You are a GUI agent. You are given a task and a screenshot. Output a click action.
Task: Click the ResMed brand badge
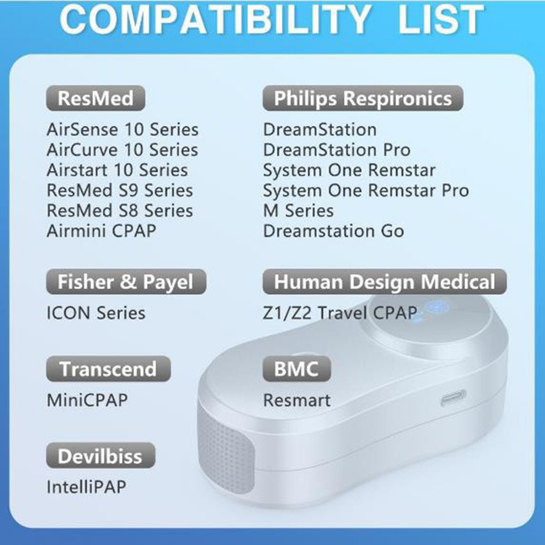pos(96,98)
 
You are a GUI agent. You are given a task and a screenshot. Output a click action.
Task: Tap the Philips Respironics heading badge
pos(363,98)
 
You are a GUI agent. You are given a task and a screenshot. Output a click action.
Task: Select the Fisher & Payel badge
pos(126,282)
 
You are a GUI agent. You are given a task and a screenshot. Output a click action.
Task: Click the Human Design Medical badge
pos(385,282)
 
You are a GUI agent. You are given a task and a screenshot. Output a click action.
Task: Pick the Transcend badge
pos(108,369)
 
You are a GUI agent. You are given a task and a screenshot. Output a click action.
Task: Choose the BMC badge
pos(296,369)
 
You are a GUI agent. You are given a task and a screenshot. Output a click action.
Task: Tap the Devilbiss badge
pos(101,455)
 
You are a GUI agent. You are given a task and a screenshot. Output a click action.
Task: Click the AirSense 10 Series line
pos(123,129)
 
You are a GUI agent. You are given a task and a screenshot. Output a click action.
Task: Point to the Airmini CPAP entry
pos(102,231)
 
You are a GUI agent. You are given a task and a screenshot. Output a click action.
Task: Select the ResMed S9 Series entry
pos(120,190)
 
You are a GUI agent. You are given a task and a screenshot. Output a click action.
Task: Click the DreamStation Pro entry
pos(337,150)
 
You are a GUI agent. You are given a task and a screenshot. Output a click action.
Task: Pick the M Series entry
pos(299,210)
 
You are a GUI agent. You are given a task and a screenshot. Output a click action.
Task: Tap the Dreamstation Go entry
pos(333,231)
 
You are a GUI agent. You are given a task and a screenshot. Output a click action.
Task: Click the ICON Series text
pos(96,313)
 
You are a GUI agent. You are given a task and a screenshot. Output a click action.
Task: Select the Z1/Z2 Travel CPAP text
pos(340,313)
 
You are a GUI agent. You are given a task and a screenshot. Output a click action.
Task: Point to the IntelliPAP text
pos(86,487)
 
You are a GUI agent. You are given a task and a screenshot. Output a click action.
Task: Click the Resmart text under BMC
pos(297,400)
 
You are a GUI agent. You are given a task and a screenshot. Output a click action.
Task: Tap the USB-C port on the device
pos(453,398)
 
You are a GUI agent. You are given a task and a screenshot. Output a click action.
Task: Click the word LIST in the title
pos(441,20)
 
